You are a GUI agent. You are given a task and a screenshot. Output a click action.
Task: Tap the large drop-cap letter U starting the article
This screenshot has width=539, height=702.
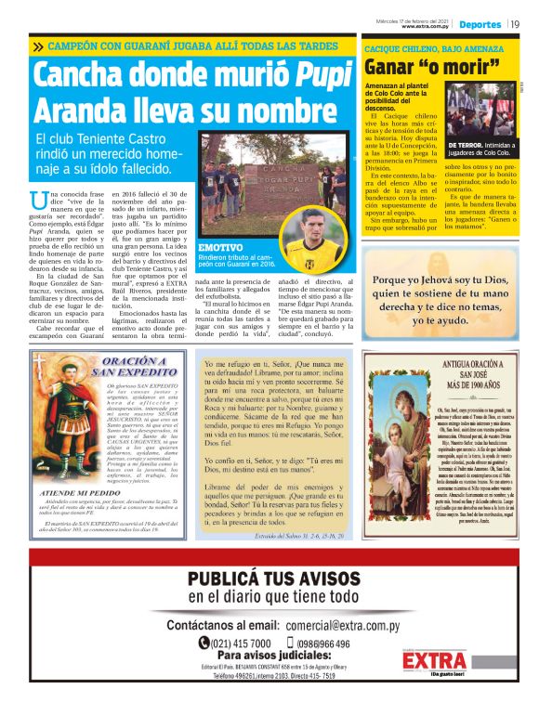point(38,198)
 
